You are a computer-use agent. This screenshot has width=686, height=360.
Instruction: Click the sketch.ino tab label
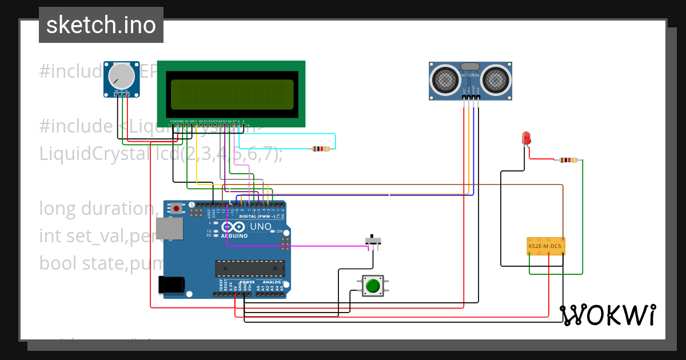(101, 25)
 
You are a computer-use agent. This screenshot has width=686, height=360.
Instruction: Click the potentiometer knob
(121, 76)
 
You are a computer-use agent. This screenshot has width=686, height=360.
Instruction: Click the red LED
(526, 138)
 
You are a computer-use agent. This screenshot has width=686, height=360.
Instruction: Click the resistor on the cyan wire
(321, 149)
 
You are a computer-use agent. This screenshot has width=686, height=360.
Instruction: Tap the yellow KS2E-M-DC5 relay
(545, 246)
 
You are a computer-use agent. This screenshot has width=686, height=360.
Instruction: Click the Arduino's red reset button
(177, 209)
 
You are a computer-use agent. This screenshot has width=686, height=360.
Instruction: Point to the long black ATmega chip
(250, 268)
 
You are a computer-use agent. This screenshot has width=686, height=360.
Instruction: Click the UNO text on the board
(261, 227)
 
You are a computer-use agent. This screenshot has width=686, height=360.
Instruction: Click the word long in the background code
(58, 208)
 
